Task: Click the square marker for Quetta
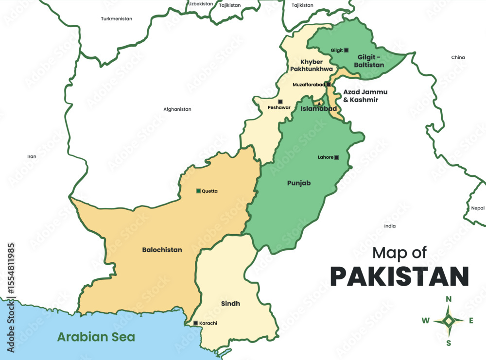pyautogui.click(x=198, y=191)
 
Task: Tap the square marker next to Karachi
pyautogui.click(x=195, y=323)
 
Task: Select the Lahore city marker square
pyautogui.click(x=336, y=157)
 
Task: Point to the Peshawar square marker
pyautogui.click(x=280, y=102)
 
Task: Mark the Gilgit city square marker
pyautogui.click(x=347, y=50)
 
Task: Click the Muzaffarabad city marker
pyautogui.click(x=329, y=85)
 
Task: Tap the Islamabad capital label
pyautogui.click(x=319, y=109)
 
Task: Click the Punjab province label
pyautogui.click(x=298, y=183)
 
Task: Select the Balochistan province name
pyautogui.click(x=162, y=250)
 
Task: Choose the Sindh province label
pyautogui.click(x=230, y=304)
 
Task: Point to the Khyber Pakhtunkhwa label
pyautogui.click(x=316, y=66)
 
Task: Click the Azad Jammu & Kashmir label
pyautogui.click(x=361, y=96)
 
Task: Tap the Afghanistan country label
pyautogui.click(x=177, y=109)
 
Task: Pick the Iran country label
pyautogui.click(x=32, y=156)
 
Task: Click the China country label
pyautogui.click(x=458, y=57)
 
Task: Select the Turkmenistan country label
pyautogui.click(x=117, y=19)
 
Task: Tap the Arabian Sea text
pyautogui.click(x=96, y=337)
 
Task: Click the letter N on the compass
pyautogui.click(x=449, y=299)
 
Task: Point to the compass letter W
pyautogui.click(x=425, y=320)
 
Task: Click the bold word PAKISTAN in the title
pyautogui.click(x=399, y=276)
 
